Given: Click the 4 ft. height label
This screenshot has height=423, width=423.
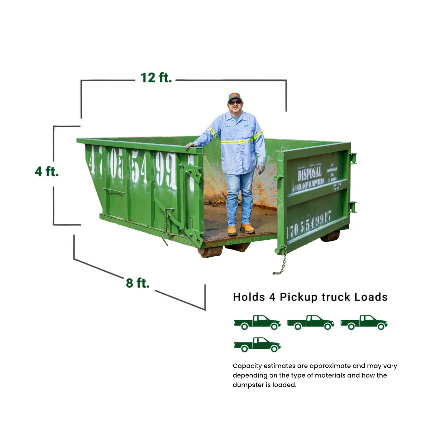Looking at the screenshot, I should tap(47, 171).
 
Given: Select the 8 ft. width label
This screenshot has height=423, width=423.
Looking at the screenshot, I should tap(137, 283).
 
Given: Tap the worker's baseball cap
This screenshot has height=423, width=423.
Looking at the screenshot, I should tap(234, 97).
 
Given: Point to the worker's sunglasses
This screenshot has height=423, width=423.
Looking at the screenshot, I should tap(235, 103).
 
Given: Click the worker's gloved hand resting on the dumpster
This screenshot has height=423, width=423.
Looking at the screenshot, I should tap(191, 146).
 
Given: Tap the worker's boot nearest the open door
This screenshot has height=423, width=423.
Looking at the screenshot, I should tap(248, 228).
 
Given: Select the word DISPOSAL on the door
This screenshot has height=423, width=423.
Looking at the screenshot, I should tap(309, 173).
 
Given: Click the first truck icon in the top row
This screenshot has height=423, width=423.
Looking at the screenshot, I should tap(257, 322).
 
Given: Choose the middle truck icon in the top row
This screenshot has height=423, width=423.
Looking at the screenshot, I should tap(310, 322).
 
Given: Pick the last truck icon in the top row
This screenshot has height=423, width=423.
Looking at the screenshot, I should tap(364, 322).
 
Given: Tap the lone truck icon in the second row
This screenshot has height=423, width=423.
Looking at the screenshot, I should tap(257, 344).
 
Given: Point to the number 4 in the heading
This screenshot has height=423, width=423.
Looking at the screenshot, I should tap(272, 297).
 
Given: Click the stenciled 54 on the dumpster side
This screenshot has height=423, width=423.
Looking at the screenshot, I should tap(139, 167).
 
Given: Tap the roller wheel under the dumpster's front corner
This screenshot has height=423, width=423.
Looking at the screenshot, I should tap(210, 252).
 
